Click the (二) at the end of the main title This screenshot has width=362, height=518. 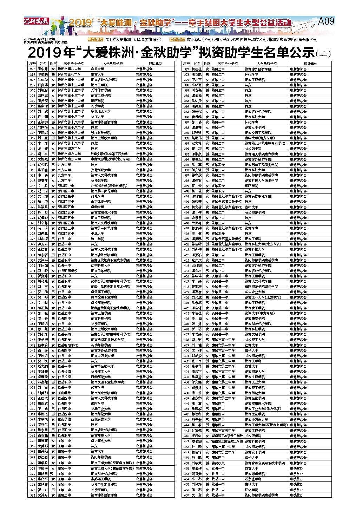pyautogui.click(x=324, y=54)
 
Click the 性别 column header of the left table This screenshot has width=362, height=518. pyautogui.click(x=53, y=64)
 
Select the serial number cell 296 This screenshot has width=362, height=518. pyautogui.click(x=32, y=69)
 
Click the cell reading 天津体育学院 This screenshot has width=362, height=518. pyautogui.click(x=100, y=90)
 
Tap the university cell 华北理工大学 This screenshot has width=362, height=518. pyautogui.click(x=100, y=111)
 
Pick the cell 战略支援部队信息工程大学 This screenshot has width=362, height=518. pyautogui.click(x=109, y=154)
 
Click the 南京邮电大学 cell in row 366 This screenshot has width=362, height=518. pyautogui.click(x=100, y=441)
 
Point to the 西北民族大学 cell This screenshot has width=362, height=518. pyautogui.click(x=100, y=419)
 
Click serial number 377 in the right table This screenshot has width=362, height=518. pyautogui.click(x=186, y=69)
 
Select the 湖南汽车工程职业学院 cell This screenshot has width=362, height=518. pyautogui.click(x=261, y=165)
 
